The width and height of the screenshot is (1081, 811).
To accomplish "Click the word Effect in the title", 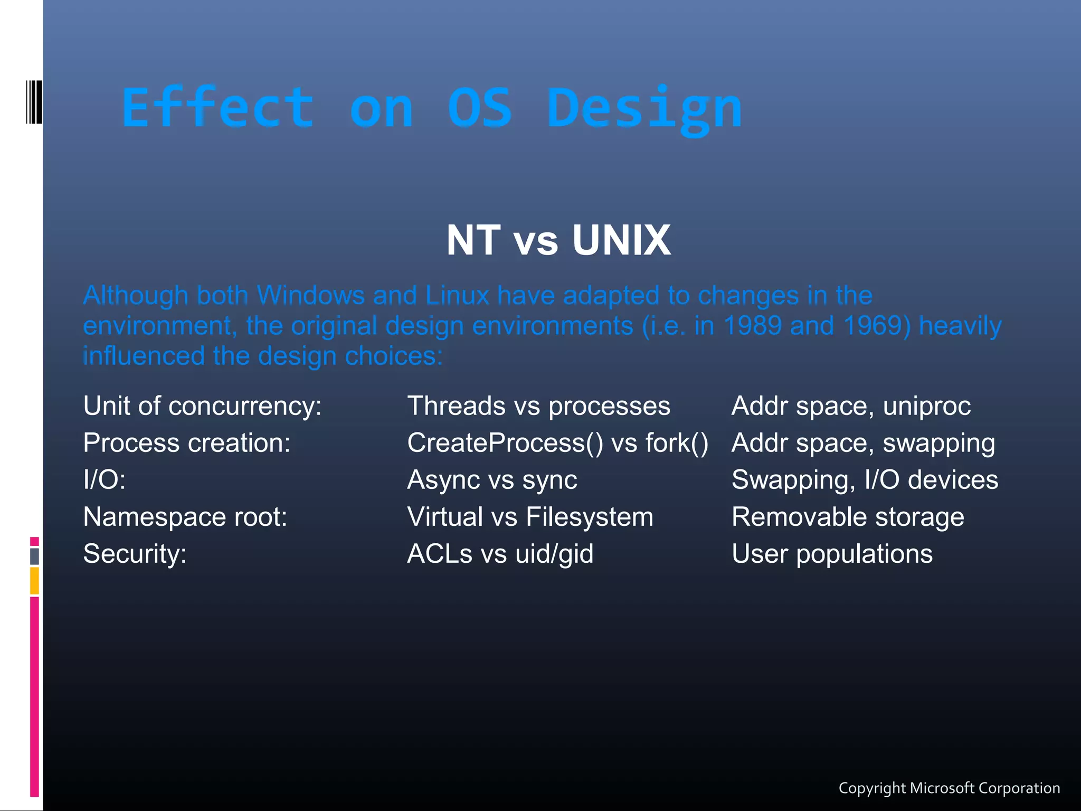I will [x=218, y=108].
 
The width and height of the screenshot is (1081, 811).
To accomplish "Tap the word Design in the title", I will [x=644, y=109].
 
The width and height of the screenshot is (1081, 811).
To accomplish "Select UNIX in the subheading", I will [x=621, y=241].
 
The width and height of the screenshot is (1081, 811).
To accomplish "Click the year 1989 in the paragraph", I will [x=752, y=326].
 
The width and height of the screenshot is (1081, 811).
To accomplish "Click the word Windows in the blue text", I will [x=311, y=295].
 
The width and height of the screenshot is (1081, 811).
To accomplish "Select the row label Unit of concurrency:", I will [x=202, y=406].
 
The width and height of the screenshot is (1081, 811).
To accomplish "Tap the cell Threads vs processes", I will [x=538, y=406].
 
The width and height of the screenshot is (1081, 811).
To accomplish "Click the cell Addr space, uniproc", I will [x=851, y=406].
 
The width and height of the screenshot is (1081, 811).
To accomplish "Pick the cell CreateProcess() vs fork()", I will [x=557, y=443].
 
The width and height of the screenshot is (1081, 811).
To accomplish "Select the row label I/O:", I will [x=105, y=480].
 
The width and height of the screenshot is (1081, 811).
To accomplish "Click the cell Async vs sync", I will [x=492, y=480].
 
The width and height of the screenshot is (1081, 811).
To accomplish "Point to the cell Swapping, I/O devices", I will [x=865, y=480].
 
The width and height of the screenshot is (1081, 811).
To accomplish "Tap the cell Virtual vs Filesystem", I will [x=530, y=517].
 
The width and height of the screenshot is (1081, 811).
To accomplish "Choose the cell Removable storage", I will [x=848, y=517].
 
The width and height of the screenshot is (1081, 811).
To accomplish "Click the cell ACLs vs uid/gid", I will [x=500, y=554].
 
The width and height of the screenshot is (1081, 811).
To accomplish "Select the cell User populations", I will [x=832, y=554].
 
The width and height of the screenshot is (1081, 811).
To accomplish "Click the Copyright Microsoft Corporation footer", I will [x=949, y=788].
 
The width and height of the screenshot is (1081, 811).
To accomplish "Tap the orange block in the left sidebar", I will [x=34, y=580].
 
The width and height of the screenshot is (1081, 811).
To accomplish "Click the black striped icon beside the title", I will [x=34, y=102].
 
